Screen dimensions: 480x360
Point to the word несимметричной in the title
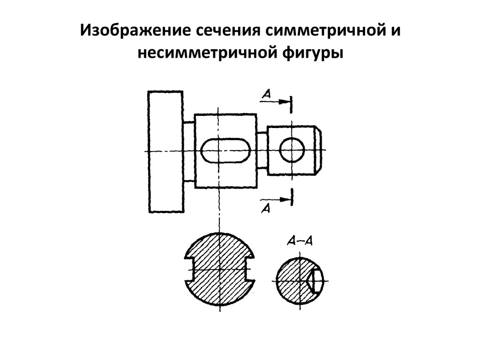point(206,52)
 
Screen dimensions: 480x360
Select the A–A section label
point(300,241)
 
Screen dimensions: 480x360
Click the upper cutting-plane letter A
point(266,94)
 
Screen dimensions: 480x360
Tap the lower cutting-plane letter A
point(266,209)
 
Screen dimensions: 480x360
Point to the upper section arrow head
point(285,102)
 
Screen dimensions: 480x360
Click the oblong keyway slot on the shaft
point(225,150)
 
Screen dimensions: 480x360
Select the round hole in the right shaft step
point(292,150)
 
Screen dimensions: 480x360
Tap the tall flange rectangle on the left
point(166,152)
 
